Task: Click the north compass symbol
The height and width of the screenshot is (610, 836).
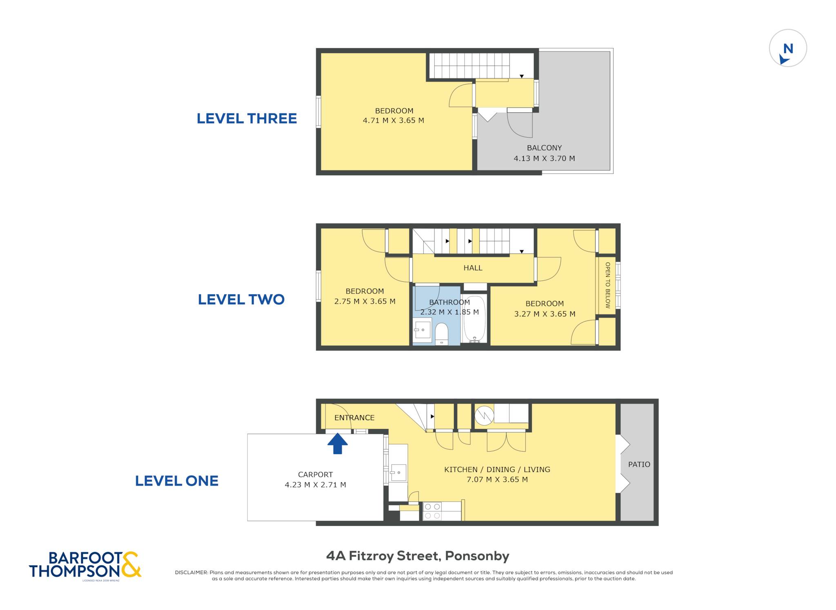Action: (x=788, y=48)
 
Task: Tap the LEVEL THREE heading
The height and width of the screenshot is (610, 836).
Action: (x=247, y=118)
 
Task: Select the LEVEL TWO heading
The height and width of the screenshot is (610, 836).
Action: (x=241, y=299)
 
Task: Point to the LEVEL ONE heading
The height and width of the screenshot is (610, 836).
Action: (x=176, y=481)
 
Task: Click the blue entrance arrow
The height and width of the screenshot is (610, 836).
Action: (x=337, y=443)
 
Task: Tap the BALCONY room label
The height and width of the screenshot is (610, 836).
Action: (x=544, y=148)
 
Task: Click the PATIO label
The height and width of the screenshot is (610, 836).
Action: (x=639, y=464)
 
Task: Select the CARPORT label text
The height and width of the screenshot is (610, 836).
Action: (x=315, y=474)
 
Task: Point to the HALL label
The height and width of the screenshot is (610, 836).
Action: (x=473, y=268)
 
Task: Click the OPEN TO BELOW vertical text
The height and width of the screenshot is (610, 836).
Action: (x=607, y=285)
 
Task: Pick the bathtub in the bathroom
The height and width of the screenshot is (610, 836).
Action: (x=474, y=318)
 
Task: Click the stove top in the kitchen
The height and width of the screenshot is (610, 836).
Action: (x=432, y=511)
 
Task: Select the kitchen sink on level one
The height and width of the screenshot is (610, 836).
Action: (x=398, y=473)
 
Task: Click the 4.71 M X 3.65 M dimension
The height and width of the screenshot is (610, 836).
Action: (x=394, y=120)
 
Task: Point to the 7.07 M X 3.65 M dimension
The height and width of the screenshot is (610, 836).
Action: (x=497, y=479)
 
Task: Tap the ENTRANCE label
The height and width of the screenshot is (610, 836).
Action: (x=354, y=418)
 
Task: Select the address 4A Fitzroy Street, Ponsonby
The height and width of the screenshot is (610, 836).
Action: (x=418, y=556)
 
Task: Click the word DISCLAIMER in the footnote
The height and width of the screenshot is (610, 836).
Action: (x=191, y=572)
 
